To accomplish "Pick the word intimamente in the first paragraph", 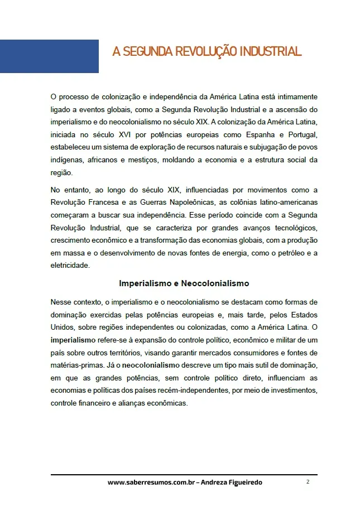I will (x=296, y=97).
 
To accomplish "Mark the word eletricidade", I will (x=70, y=266).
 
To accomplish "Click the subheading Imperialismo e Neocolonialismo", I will (x=184, y=283).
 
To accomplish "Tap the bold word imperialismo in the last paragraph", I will (x=71, y=340).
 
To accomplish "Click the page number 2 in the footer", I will (x=308, y=482).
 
